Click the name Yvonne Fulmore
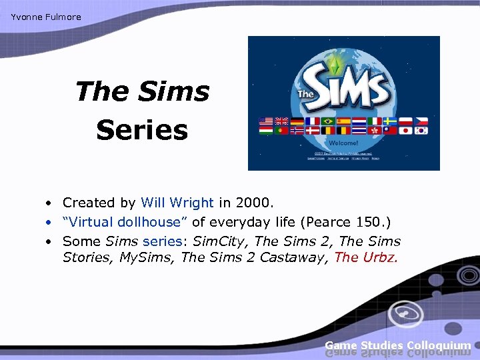click(x=45, y=17)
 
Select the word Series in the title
click(x=141, y=130)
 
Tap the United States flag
click(x=267, y=121)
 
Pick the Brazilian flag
click(x=328, y=121)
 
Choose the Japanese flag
click(x=405, y=131)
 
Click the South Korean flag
click(x=420, y=131)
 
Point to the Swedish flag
click(x=389, y=121)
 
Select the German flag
click(x=297, y=121)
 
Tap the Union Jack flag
click(x=282, y=121)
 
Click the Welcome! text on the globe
click(x=343, y=143)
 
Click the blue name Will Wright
click(x=177, y=202)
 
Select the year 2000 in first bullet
click(x=259, y=202)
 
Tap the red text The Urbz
click(x=366, y=257)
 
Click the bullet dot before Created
click(x=50, y=203)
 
